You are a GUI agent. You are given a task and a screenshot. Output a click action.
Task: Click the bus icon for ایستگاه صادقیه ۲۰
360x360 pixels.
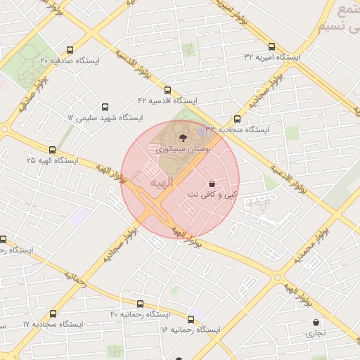click(x=69, y=50)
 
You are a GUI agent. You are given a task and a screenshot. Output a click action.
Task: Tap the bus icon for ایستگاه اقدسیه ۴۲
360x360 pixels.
click(x=167, y=90)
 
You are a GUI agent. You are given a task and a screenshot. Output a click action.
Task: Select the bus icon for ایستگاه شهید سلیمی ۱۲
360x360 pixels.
click(x=105, y=108)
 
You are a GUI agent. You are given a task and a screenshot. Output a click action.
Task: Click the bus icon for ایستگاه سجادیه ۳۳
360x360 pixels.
click(x=237, y=119)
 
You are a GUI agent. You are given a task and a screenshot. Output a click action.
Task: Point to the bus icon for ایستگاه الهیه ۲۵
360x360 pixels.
click(x=52, y=150)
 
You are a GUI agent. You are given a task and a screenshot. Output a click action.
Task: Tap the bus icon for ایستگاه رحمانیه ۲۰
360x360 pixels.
click(x=140, y=304)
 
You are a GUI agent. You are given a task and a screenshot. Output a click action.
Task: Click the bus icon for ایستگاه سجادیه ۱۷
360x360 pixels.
click(x=53, y=314)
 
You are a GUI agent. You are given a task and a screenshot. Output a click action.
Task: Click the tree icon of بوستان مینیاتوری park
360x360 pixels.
click(x=184, y=137)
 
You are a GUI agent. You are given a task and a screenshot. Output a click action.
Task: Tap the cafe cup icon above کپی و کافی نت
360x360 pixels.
click(x=212, y=184)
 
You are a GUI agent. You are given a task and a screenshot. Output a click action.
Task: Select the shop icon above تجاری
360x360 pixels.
click(x=316, y=323)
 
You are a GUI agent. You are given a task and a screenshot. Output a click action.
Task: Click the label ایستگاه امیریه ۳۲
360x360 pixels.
click(x=272, y=56)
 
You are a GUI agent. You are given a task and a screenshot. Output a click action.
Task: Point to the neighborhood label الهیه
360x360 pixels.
click(x=161, y=183)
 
